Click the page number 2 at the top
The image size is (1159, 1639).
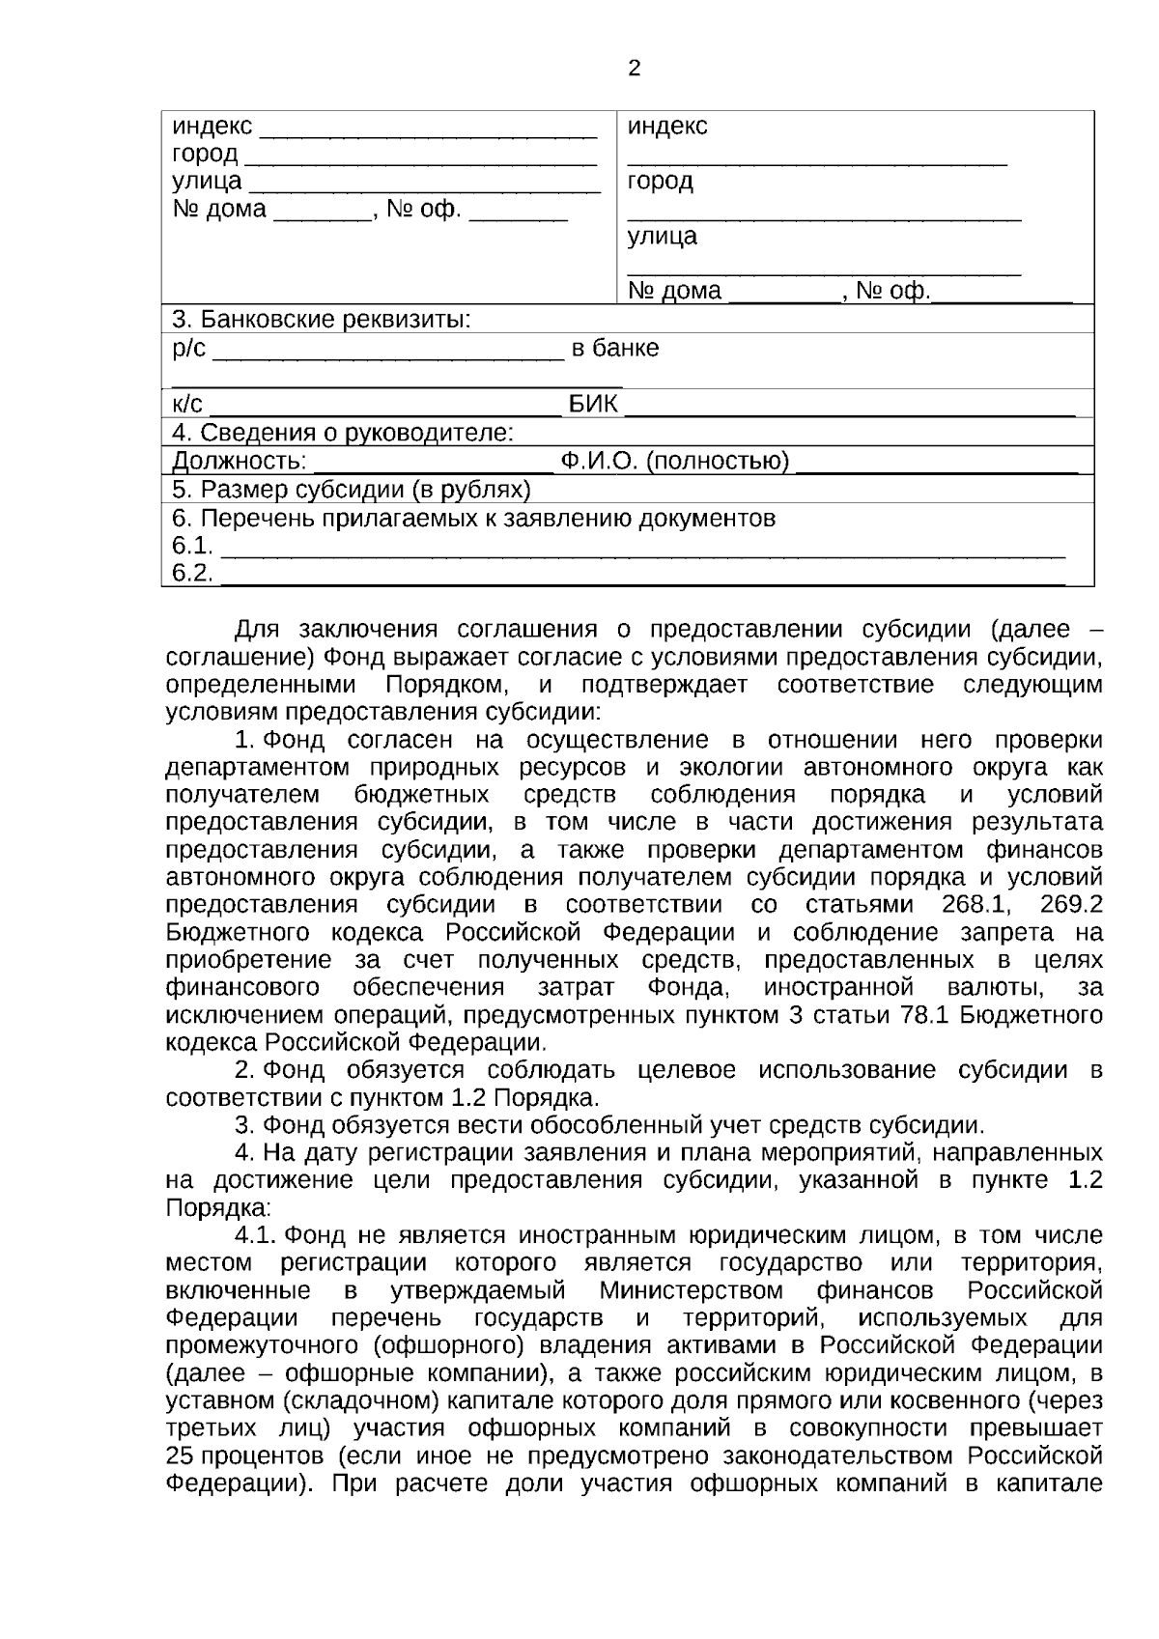click(x=634, y=69)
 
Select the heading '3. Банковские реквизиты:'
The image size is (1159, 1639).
click(x=321, y=319)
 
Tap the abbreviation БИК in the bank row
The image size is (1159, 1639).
click(x=593, y=405)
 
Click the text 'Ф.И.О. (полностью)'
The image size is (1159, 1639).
click(x=675, y=462)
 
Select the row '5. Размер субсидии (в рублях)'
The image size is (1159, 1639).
click(x=351, y=490)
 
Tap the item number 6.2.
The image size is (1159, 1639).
click(x=191, y=574)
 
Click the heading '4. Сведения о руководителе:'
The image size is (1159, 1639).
click(x=342, y=433)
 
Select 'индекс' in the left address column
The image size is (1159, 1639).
click(x=212, y=127)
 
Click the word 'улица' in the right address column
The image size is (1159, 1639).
click(x=662, y=237)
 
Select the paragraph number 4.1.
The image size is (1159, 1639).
click(x=257, y=1235)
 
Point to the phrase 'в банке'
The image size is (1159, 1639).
click(x=615, y=349)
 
